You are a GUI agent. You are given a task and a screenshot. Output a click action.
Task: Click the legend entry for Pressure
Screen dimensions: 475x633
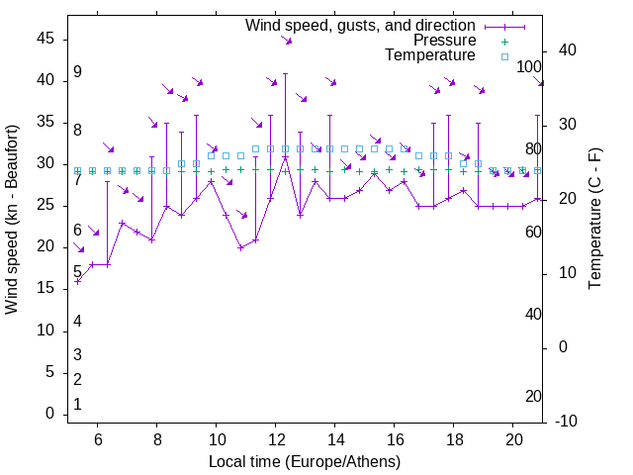(x=445, y=41)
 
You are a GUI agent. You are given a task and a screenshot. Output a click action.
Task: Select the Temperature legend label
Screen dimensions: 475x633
(x=430, y=55)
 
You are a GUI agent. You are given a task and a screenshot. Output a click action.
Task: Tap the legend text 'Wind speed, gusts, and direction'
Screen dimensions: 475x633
(x=361, y=25)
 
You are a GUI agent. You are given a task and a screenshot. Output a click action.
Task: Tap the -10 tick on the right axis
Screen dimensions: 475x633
(x=565, y=422)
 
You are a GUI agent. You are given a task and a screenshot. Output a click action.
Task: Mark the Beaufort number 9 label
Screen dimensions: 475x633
(x=77, y=72)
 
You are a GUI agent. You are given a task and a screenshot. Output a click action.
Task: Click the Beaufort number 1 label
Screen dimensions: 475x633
(x=77, y=404)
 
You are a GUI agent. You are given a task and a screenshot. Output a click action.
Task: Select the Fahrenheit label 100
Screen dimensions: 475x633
(x=530, y=67)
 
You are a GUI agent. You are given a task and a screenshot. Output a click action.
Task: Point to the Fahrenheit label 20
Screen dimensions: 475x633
(x=533, y=396)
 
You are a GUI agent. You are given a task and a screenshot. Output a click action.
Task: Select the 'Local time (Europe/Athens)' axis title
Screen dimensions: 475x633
(x=305, y=462)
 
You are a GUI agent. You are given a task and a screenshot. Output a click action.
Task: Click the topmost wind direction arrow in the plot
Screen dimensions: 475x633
(x=286, y=40)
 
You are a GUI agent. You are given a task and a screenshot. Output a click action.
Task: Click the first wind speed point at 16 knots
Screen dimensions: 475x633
(x=77, y=281)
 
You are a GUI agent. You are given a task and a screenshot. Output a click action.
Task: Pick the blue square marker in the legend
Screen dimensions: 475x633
(x=503, y=56)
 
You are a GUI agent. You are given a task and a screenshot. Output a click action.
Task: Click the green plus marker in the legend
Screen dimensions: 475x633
(x=503, y=42)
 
